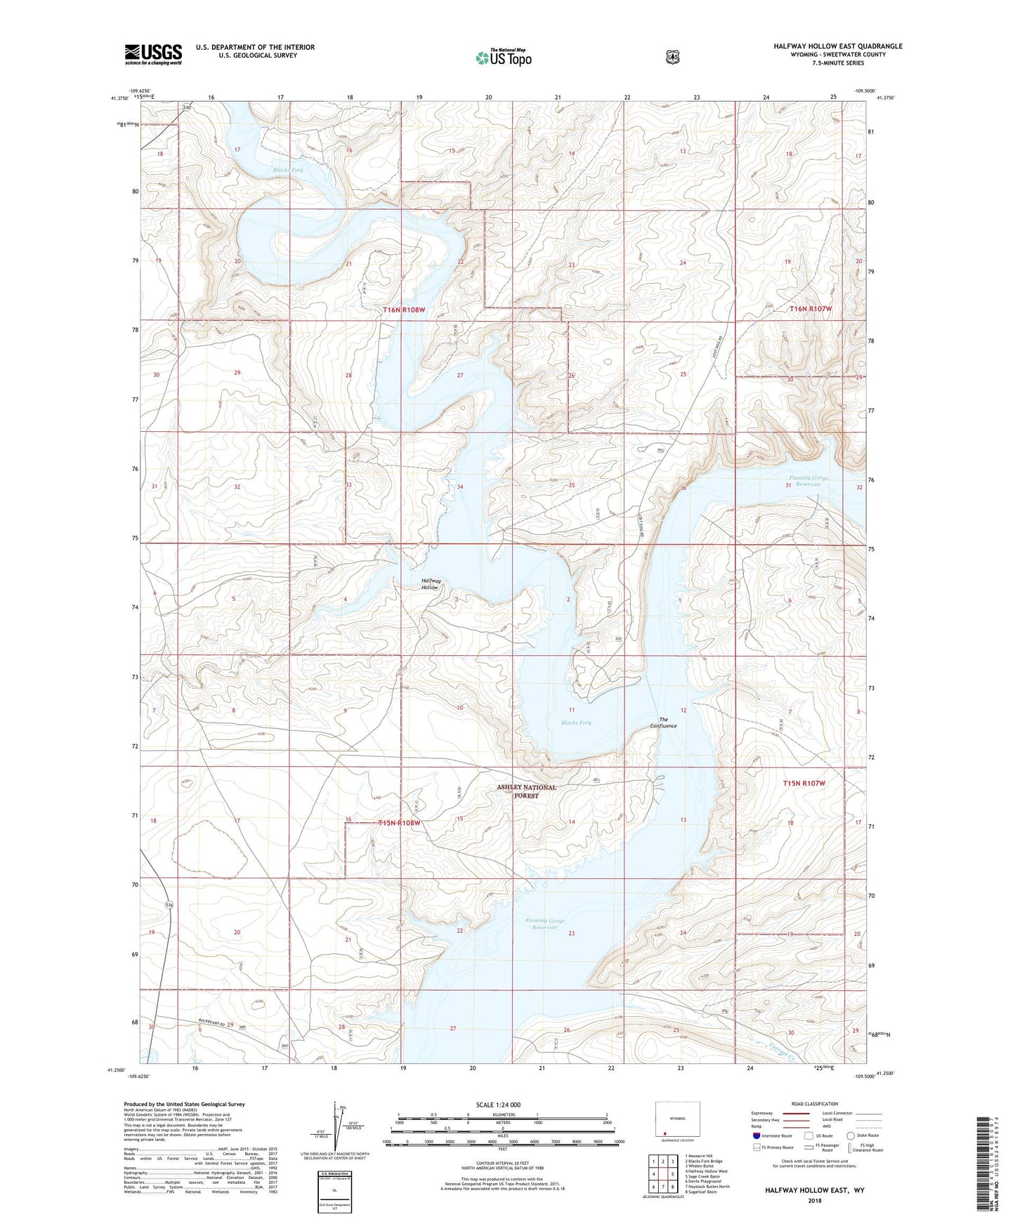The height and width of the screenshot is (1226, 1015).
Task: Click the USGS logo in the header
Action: (153, 53)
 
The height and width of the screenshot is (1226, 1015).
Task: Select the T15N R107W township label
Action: (804, 782)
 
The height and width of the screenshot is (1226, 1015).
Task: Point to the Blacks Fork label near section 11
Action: (576, 723)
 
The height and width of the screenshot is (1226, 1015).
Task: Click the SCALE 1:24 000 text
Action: (498, 1105)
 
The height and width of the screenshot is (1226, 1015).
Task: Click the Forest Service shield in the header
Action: (672, 56)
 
